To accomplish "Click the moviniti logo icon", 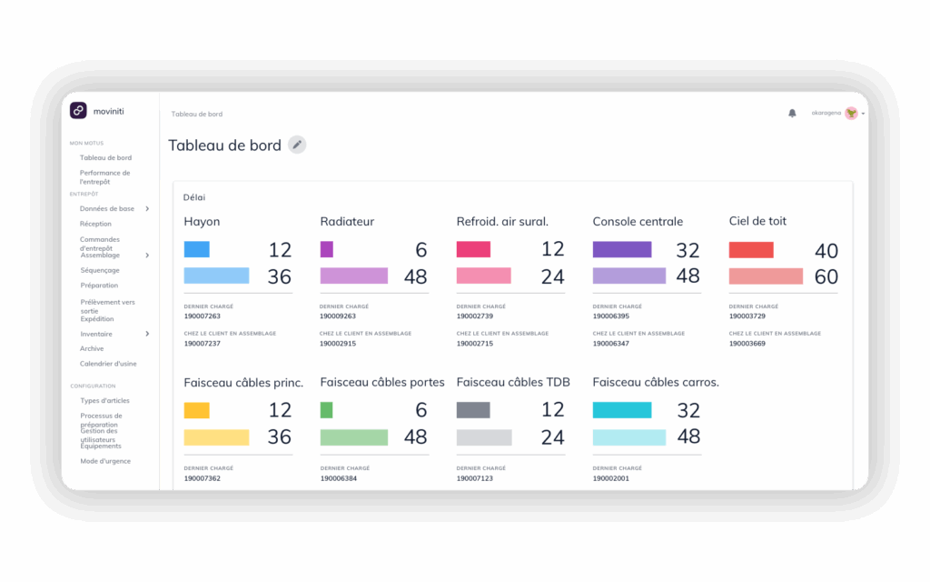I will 78,110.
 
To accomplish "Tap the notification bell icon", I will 792,113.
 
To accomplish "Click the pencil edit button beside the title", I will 297,145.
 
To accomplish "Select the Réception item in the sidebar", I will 95,224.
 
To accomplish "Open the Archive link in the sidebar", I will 92,348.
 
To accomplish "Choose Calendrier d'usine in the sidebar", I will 108,364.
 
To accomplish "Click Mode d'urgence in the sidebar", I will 105,461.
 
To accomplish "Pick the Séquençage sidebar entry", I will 100,270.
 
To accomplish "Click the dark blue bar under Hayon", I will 196,249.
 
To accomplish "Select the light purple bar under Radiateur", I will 354,276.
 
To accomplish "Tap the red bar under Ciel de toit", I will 751,250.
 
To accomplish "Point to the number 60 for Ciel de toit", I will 826,276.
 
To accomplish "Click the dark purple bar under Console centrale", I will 622,249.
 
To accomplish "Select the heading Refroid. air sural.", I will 502,221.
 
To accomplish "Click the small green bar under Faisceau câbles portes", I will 326,410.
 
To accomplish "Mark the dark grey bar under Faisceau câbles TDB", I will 473,410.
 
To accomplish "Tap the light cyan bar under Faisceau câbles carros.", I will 628,437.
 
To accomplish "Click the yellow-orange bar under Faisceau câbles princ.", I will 196,410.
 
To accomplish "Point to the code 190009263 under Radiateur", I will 338,316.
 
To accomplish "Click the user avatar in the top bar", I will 851,113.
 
